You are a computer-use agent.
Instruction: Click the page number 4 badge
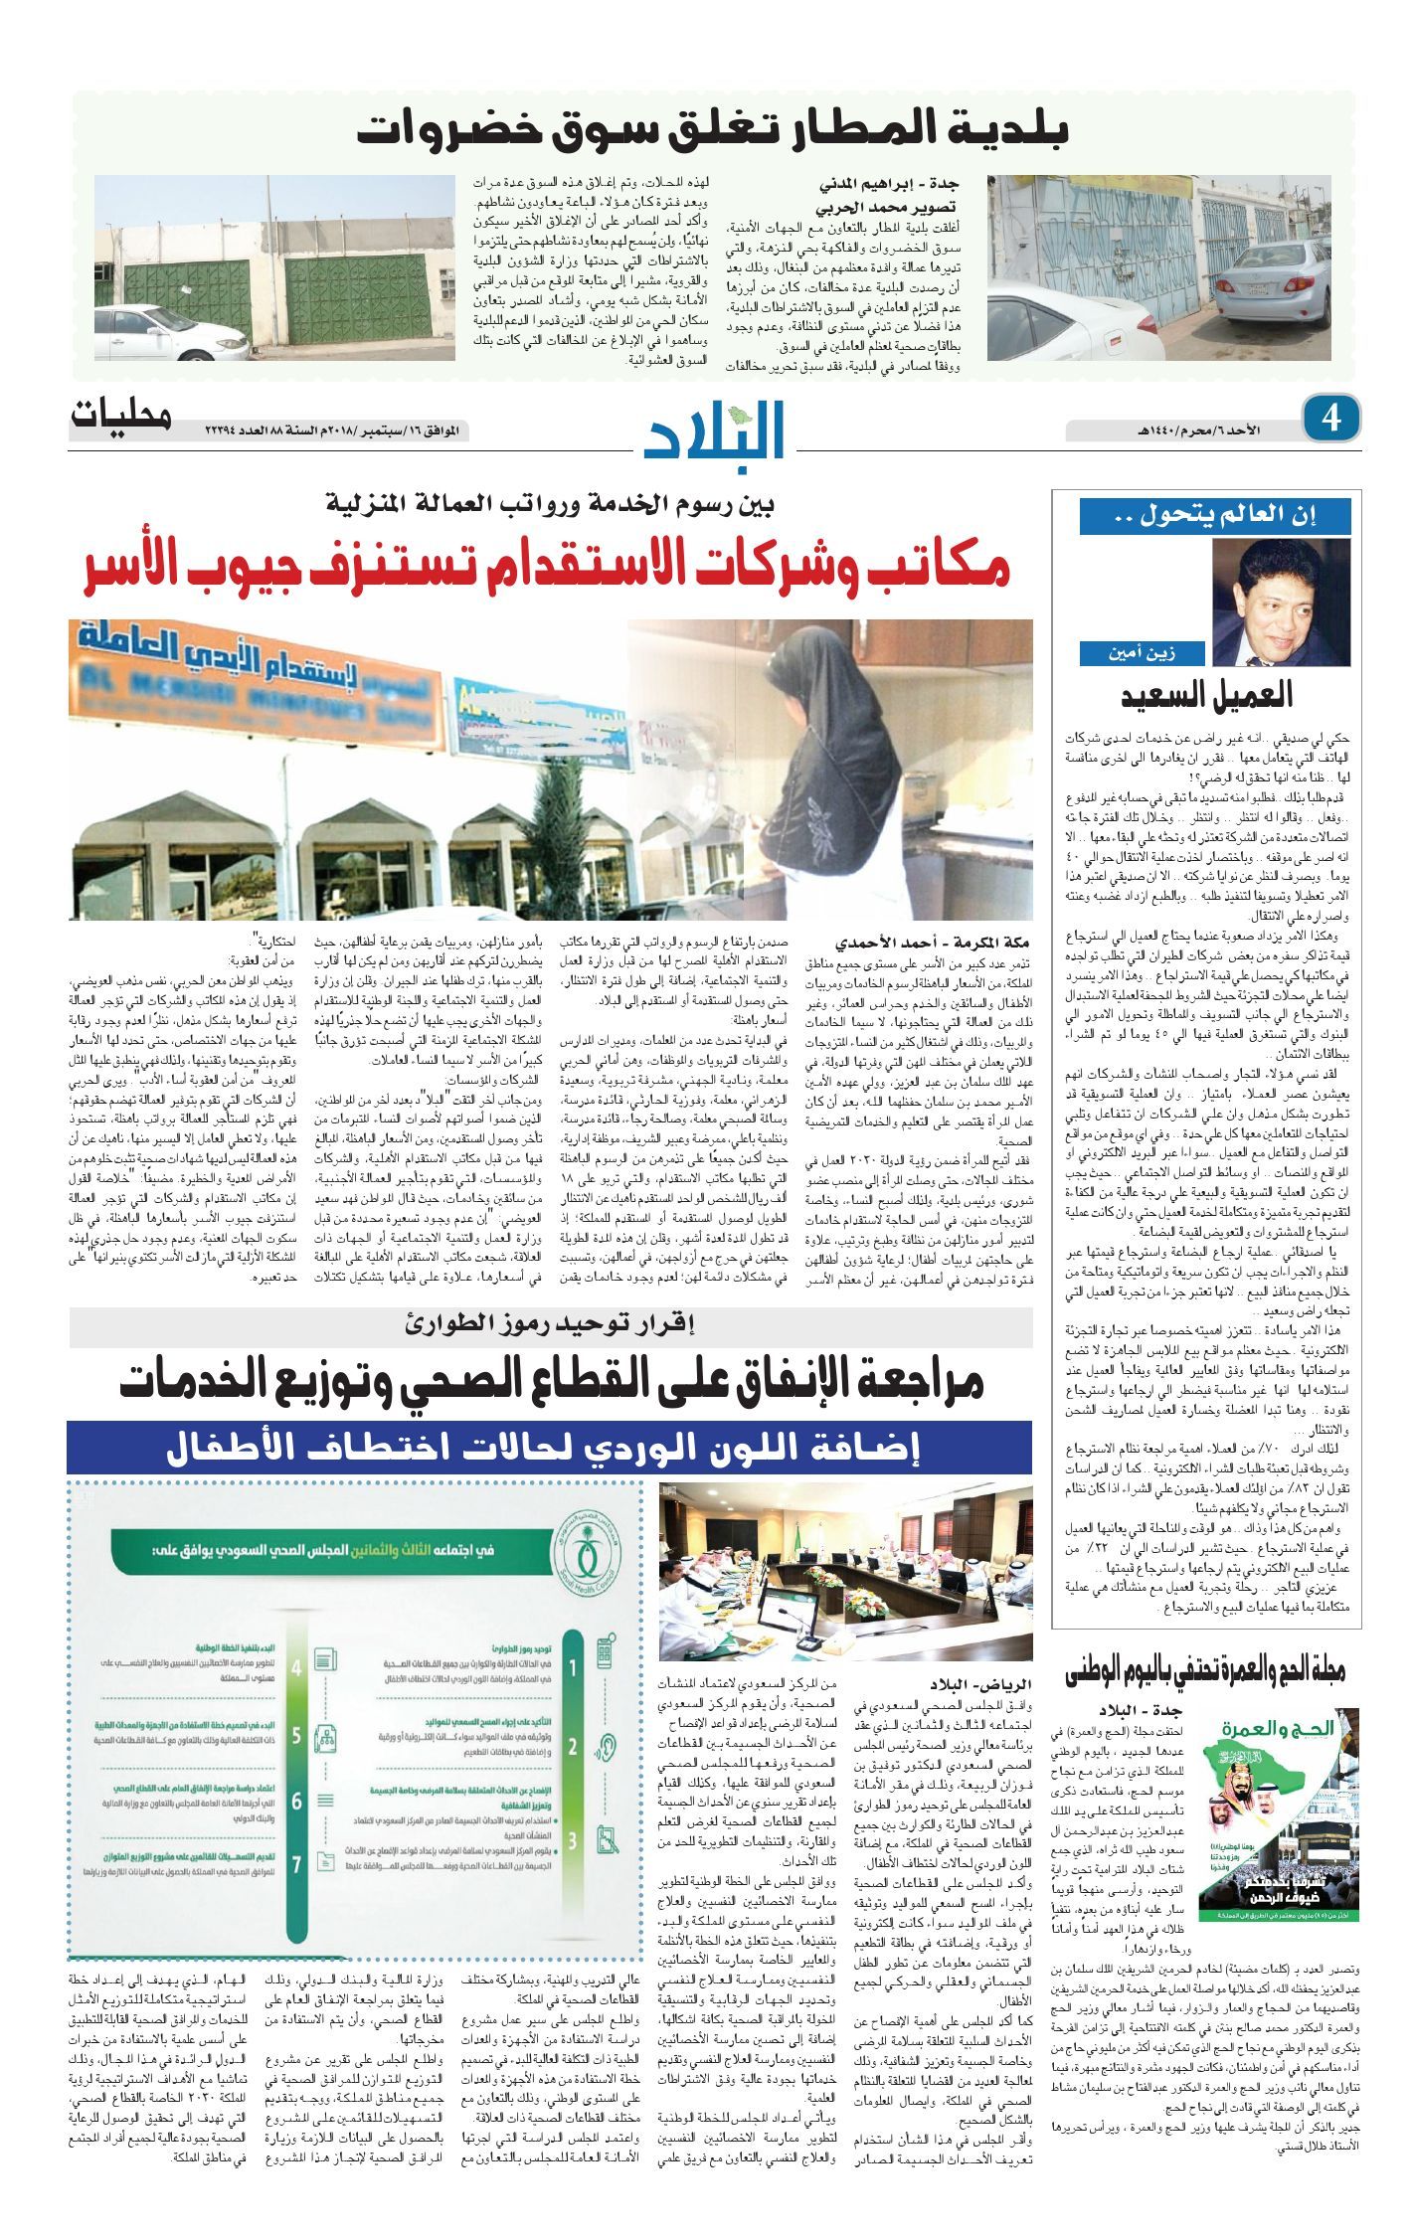pos(1331,418)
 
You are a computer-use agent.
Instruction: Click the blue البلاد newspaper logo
pos(715,430)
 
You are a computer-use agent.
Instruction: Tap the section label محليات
pos(120,416)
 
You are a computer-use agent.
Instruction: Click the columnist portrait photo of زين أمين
pos(1281,603)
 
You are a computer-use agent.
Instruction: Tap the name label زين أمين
pos(1143,653)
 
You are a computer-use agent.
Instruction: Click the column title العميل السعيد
pos(1206,695)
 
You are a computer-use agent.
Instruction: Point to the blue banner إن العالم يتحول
pos(1214,516)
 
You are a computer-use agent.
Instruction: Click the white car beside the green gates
pos(171,332)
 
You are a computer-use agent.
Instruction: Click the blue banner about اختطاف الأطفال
pos(549,1448)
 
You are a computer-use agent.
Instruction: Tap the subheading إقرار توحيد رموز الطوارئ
pos(551,1323)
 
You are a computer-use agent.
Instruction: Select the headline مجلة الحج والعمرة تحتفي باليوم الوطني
pos(1205,1670)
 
